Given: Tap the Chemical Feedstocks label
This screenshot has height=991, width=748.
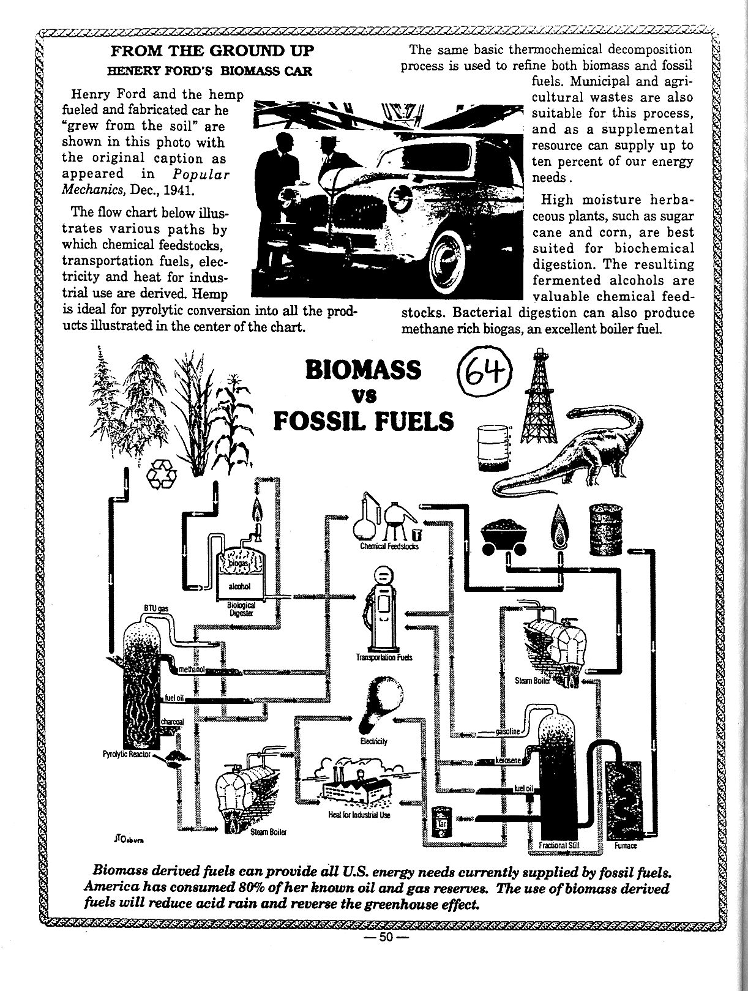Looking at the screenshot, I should (389, 547).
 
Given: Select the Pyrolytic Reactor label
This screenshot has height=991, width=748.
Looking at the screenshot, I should (127, 754).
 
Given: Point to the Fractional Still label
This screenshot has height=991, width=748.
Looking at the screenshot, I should (559, 846).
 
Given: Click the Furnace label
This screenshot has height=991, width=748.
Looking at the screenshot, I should (625, 846).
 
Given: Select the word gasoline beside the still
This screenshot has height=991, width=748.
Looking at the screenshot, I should (507, 732).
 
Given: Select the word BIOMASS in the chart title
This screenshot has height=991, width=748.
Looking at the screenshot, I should (363, 370).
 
